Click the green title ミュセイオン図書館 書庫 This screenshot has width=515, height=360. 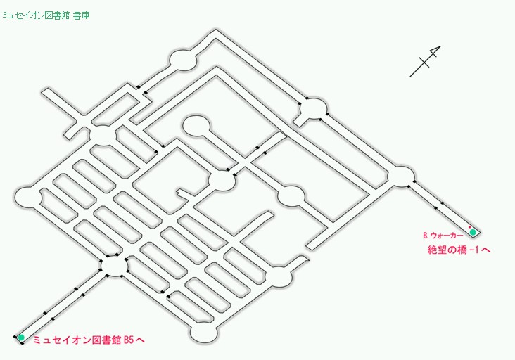(46, 15)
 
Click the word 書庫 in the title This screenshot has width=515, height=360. (82, 15)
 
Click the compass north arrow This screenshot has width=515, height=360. (425, 61)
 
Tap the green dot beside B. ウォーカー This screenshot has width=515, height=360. (473, 232)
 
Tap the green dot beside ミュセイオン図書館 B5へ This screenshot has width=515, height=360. (21, 337)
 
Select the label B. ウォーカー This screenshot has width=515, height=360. (443, 236)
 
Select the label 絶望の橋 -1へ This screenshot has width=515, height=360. (459, 250)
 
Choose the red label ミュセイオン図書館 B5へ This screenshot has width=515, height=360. (89, 340)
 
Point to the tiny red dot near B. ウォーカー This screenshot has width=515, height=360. (470, 227)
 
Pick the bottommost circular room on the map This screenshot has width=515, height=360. (203, 333)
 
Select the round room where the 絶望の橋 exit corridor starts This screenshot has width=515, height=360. (401, 176)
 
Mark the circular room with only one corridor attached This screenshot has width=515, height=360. (196, 125)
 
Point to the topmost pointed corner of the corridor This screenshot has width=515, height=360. (216, 30)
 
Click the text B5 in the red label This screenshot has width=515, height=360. (129, 340)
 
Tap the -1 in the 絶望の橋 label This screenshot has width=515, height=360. (474, 250)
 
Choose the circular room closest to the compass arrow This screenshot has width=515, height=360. (314, 108)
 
